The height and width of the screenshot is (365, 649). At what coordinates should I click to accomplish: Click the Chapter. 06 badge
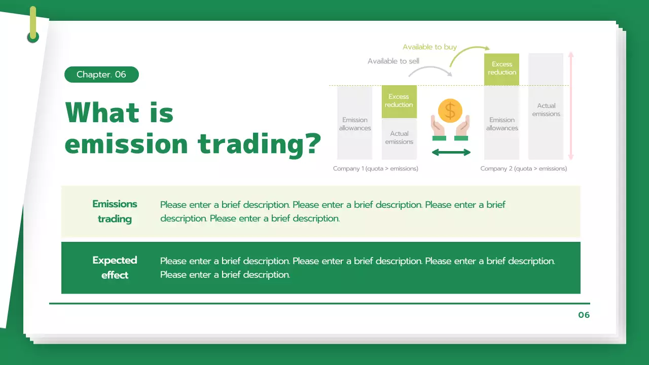[x=101, y=75]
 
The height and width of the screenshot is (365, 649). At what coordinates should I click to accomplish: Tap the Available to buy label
[x=429, y=47]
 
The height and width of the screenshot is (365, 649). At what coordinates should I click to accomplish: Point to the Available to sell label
[x=393, y=61]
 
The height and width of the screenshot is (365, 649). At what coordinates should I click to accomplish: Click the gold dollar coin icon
[x=450, y=111]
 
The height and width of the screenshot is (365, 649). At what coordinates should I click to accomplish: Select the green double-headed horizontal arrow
[x=451, y=152]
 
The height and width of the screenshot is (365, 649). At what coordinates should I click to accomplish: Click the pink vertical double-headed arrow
[x=571, y=106]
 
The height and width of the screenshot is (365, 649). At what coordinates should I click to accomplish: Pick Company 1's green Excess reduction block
[x=399, y=101]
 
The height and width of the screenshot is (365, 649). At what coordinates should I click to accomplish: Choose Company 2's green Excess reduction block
[x=502, y=68]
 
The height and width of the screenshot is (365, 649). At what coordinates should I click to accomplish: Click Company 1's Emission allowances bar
[x=355, y=123]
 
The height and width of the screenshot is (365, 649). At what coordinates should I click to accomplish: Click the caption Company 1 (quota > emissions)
[x=376, y=169]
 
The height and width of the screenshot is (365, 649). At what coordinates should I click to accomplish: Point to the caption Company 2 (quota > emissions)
[x=524, y=169]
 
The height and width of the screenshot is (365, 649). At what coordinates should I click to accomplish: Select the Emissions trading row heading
[x=115, y=211]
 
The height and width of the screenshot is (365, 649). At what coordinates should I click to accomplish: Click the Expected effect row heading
[x=115, y=268]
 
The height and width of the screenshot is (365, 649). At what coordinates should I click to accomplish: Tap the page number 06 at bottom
[x=584, y=315]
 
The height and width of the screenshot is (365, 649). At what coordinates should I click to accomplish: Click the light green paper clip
[x=33, y=24]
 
